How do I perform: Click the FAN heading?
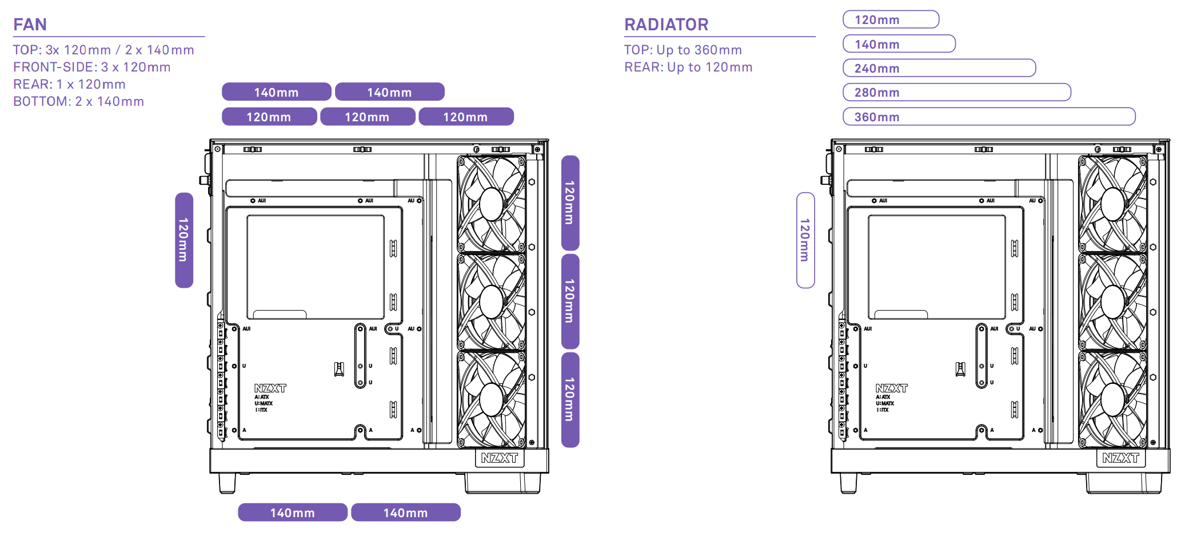[30, 25]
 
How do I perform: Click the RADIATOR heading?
[666, 25]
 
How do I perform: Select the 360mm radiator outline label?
[988, 117]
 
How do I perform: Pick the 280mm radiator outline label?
[956, 92]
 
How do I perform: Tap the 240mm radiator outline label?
[939, 68]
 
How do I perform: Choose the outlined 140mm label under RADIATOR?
[899, 44]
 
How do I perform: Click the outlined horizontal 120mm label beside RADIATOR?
[891, 19]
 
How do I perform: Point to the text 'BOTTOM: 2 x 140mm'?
[79, 101]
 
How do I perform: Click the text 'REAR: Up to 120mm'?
[688, 67]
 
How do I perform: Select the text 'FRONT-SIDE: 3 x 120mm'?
[92, 67]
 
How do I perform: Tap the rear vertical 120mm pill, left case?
[183, 240]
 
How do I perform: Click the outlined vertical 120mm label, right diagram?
[805, 240]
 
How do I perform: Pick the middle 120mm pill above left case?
[367, 117]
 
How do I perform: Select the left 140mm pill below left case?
[292, 513]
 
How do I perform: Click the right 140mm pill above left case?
[389, 92]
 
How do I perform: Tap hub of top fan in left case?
[492, 204]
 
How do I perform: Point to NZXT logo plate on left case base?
[499, 458]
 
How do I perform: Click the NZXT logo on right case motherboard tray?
[891, 388]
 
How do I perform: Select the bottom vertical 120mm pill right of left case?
[570, 399]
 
